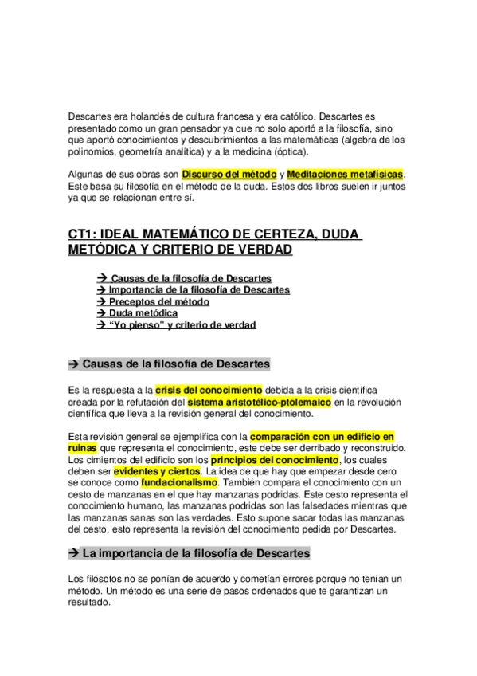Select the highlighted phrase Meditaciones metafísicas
pyautogui.click(x=345, y=174)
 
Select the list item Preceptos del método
pyautogui.click(x=158, y=302)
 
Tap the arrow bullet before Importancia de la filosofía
pyautogui.click(x=101, y=290)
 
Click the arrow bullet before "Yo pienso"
pyautogui.click(x=101, y=325)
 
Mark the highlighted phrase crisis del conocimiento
pyautogui.click(x=209, y=390)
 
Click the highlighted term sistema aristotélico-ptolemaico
pyautogui.click(x=260, y=402)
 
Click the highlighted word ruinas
pyautogui.click(x=83, y=448)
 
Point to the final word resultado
pyautogui.click(x=90, y=603)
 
